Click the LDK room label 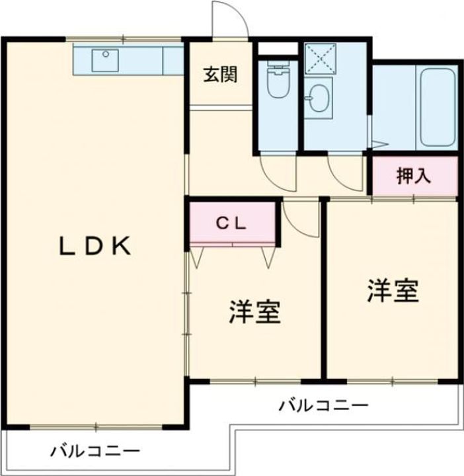pyautogui.click(x=95, y=247)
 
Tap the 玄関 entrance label pyautogui.click(x=219, y=75)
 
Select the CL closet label pyautogui.click(x=231, y=223)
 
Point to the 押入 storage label pyautogui.click(x=413, y=176)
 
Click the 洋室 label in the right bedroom pyautogui.click(x=394, y=291)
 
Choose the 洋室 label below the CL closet pyautogui.click(x=255, y=312)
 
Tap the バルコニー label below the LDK pyautogui.click(x=95, y=452)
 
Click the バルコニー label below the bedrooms pyautogui.click(x=323, y=405)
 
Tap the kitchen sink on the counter pyautogui.click(x=104, y=60)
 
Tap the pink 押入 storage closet pyautogui.click(x=413, y=176)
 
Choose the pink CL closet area pyautogui.click(x=233, y=223)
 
